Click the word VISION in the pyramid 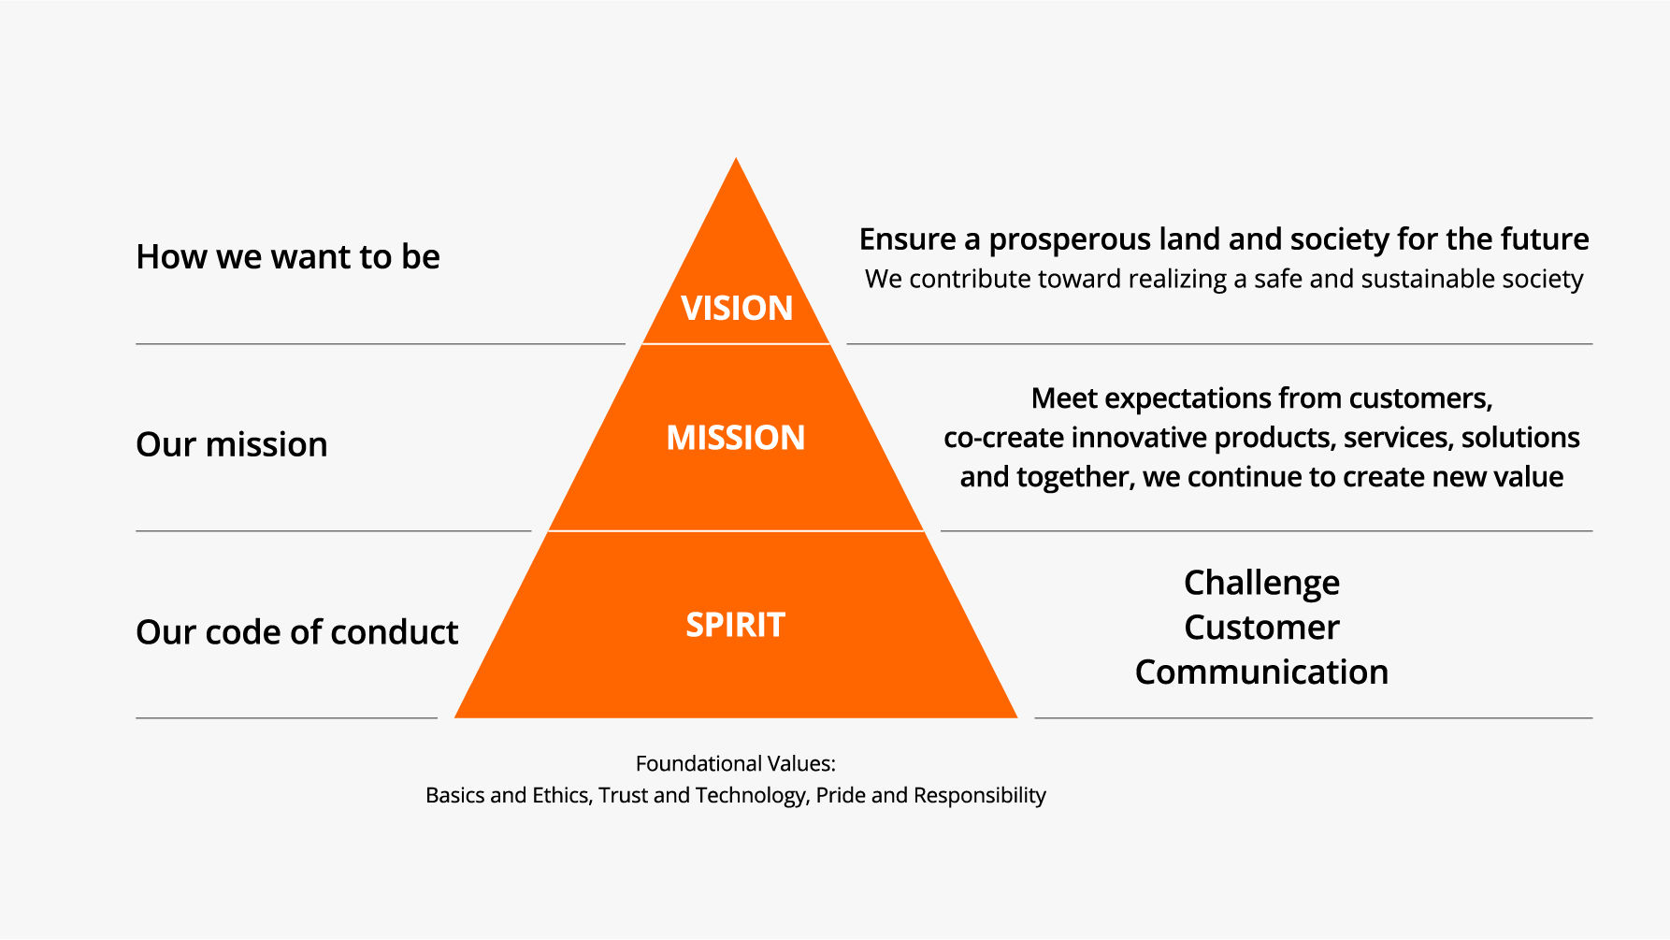pyautogui.click(x=737, y=308)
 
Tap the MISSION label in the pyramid pyautogui.click(x=736, y=438)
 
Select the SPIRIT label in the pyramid pyautogui.click(x=736, y=625)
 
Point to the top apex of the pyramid pyautogui.click(x=736, y=157)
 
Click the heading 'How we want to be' pyautogui.click(x=288, y=257)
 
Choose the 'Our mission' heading pyautogui.click(x=232, y=444)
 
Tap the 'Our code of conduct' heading pyautogui.click(x=297, y=632)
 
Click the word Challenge pyautogui.click(x=1261, y=584)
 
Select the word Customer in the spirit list pyautogui.click(x=1261, y=627)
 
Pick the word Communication pyautogui.click(x=1261, y=672)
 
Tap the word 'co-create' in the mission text pyautogui.click(x=1003, y=438)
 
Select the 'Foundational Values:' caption pyautogui.click(x=736, y=763)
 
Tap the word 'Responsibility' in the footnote pyautogui.click(x=979, y=796)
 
